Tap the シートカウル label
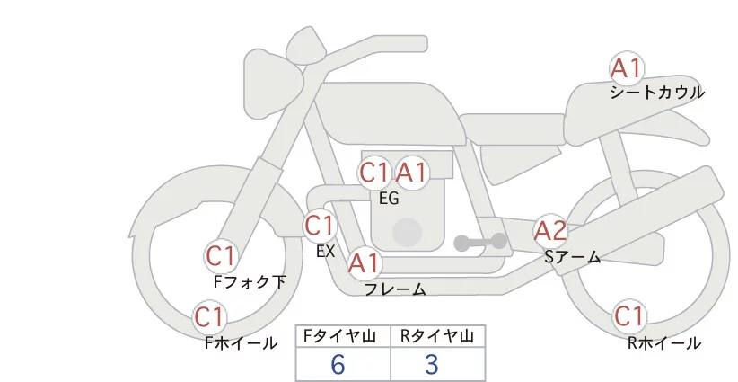tap(657, 93)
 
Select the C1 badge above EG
tap(374, 173)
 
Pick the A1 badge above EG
tap(412, 173)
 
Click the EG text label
tap(388, 199)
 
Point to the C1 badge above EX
tap(319, 225)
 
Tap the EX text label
tap(325, 252)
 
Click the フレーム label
tap(395, 289)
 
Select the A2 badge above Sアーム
tap(550, 231)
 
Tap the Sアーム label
tap(572, 257)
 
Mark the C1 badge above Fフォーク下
tap(220, 257)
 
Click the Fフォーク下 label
tap(250, 282)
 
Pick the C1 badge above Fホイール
tap(209, 317)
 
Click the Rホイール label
tap(664, 343)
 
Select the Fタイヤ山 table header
tap(343, 336)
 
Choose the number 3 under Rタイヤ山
tap(432, 365)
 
